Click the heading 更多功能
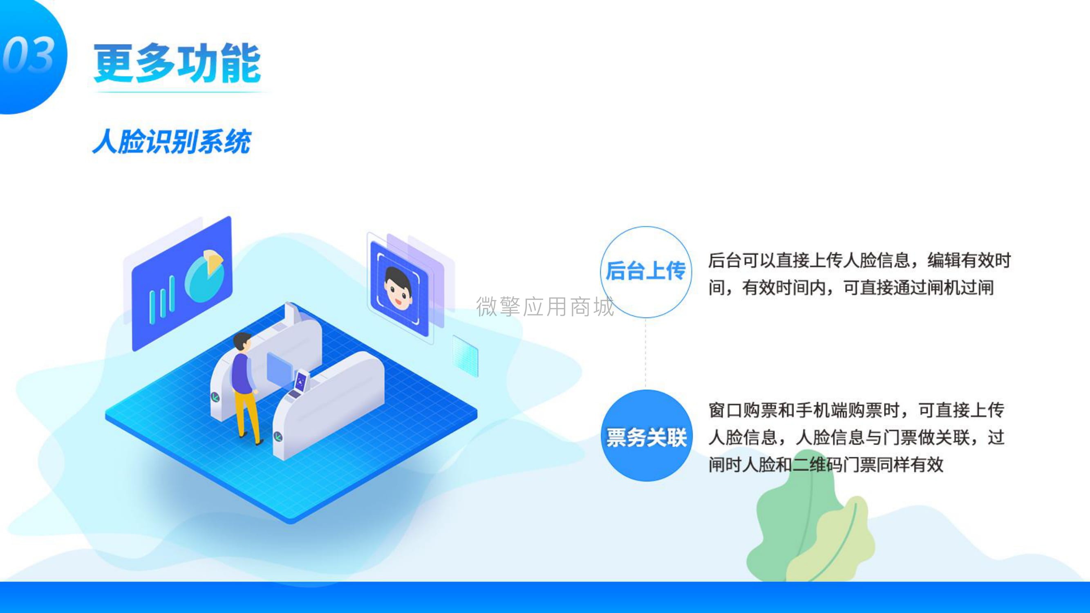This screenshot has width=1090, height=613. (x=177, y=63)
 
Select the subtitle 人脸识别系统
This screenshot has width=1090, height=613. (x=172, y=142)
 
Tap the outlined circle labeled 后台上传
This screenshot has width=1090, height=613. (x=646, y=272)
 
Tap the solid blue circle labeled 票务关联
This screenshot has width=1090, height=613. (x=647, y=436)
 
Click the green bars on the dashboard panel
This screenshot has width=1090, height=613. (x=162, y=300)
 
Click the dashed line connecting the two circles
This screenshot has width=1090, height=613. (x=646, y=353)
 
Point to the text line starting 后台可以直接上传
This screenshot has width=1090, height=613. (x=859, y=260)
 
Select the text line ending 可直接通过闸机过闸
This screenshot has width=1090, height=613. (x=851, y=288)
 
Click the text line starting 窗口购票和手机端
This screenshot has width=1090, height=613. (x=856, y=410)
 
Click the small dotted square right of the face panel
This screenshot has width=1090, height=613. (x=465, y=356)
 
